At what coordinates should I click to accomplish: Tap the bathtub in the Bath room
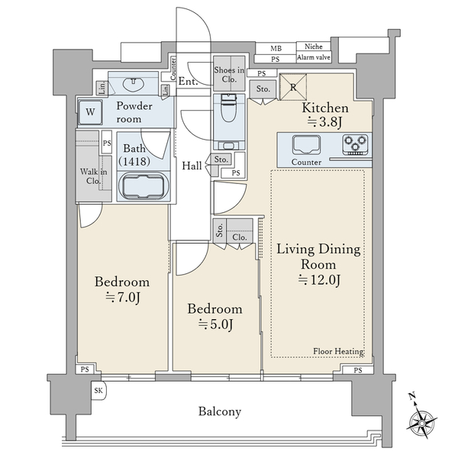[144, 186]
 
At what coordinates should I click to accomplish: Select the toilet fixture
[229, 108]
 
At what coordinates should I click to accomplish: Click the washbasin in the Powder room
[134, 85]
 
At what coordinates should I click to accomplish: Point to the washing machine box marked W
[90, 112]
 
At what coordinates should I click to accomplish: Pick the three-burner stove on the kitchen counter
[355, 145]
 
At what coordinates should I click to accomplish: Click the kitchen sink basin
[306, 145]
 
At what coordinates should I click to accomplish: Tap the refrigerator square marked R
[293, 87]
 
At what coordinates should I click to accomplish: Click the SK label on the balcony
[98, 390]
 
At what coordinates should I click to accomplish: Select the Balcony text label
[220, 411]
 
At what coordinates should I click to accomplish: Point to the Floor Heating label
[338, 351]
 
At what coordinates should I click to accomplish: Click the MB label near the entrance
[276, 49]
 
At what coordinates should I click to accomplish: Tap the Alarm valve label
[314, 57]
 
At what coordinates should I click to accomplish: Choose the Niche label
[314, 47]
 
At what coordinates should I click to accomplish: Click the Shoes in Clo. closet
[229, 74]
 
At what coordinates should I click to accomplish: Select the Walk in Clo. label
[93, 176]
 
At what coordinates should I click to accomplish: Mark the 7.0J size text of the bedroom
[123, 298]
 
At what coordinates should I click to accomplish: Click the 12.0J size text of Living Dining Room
[319, 280]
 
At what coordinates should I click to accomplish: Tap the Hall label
[192, 166]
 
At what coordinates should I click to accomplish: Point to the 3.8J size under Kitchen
[325, 122]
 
